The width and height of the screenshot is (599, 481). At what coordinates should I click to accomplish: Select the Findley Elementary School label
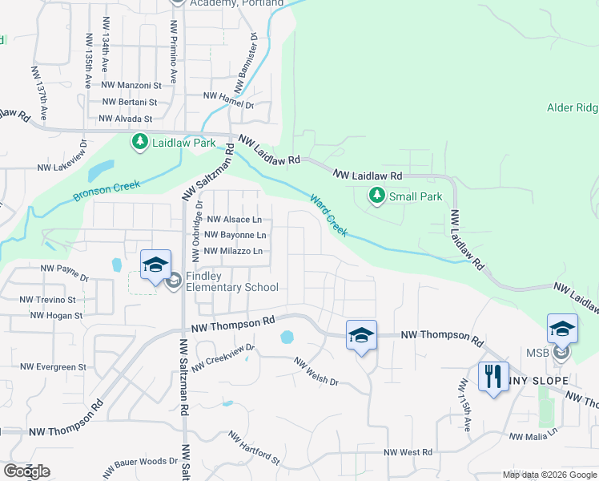pos(231,281)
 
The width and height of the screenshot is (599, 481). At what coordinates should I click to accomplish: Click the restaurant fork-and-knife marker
pos(492,375)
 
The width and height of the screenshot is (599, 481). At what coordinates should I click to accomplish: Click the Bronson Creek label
pos(107,191)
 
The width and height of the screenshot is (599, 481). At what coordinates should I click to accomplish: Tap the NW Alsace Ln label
pos(234,219)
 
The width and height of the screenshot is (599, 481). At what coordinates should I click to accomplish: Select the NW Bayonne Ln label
pos(235,235)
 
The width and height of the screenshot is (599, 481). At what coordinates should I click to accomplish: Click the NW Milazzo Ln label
pos(233,251)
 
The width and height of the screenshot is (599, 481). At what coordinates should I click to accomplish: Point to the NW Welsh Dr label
pos(316,374)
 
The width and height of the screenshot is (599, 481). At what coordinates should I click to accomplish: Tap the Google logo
pos(26,471)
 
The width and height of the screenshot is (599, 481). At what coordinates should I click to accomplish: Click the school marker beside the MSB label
pos(562,329)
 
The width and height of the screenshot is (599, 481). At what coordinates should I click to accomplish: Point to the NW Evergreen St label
pos(53,367)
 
